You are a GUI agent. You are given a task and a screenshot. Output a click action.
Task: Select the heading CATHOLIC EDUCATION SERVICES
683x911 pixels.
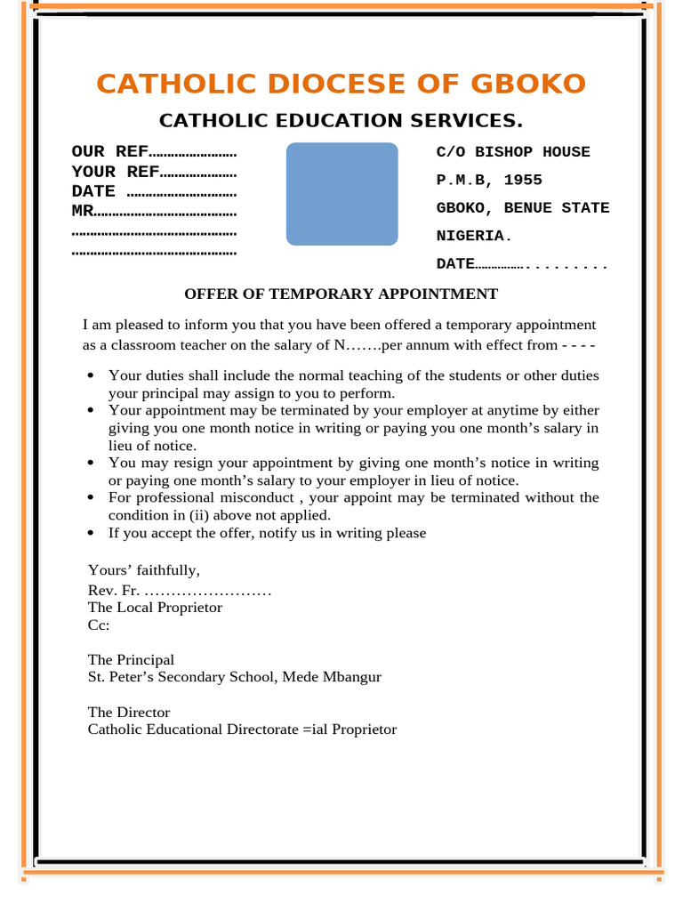pyautogui.click(x=341, y=121)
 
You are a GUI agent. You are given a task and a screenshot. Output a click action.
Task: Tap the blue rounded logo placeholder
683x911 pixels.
pyautogui.click(x=341, y=194)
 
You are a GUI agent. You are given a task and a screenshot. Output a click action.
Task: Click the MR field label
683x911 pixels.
pyautogui.click(x=82, y=212)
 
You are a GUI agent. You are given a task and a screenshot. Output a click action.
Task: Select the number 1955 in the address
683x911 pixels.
pyautogui.click(x=522, y=181)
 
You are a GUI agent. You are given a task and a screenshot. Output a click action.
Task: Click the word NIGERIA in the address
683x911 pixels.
pyautogui.click(x=470, y=237)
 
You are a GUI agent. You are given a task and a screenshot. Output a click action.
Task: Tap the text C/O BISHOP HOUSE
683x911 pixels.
pyautogui.click(x=512, y=152)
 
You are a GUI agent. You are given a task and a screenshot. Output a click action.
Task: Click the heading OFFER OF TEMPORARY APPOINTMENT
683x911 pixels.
pyautogui.click(x=341, y=294)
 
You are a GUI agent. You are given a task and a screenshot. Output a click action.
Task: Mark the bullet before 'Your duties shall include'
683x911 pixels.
pyautogui.click(x=92, y=376)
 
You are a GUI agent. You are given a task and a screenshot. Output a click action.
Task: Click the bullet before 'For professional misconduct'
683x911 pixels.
pyautogui.click(x=92, y=498)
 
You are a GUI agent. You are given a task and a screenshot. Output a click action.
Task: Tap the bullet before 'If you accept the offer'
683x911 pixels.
pyautogui.click(x=92, y=533)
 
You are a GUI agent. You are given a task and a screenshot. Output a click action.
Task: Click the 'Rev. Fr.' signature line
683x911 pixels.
pyautogui.click(x=178, y=592)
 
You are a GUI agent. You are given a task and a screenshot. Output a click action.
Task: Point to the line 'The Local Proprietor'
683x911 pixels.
pyautogui.click(x=155, y=608)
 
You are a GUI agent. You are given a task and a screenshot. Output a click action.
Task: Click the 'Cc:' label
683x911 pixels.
pyautogui.click(x=98, y=625)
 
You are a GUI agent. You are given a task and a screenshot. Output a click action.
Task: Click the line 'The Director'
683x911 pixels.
pyautogui.click(x=128, y=713)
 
